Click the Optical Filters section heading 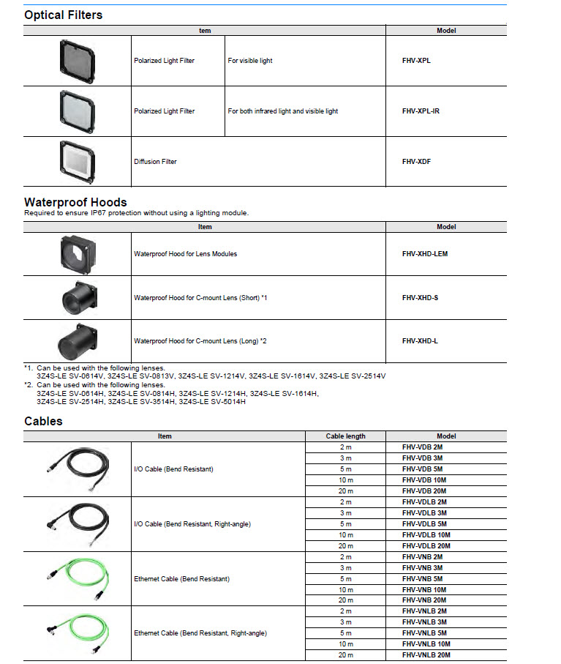coord(63,15)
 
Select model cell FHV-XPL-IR coord(421,111)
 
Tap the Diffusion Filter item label coord(155,161)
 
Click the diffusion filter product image coord(77,160)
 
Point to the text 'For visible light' coord(249,61)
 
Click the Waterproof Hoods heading coord(75,202)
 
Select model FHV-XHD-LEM coord(424,254)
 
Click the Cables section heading coord(43,421)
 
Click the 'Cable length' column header coord(345,436)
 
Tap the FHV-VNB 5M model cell coord(423,578)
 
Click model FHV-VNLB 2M coord(425,611)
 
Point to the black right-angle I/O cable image coord(77,524)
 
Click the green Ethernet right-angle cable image coord(77,633)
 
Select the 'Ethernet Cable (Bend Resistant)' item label coord(181,578)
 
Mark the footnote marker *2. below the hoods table coord(29,384)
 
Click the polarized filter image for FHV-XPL coord(77,60)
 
